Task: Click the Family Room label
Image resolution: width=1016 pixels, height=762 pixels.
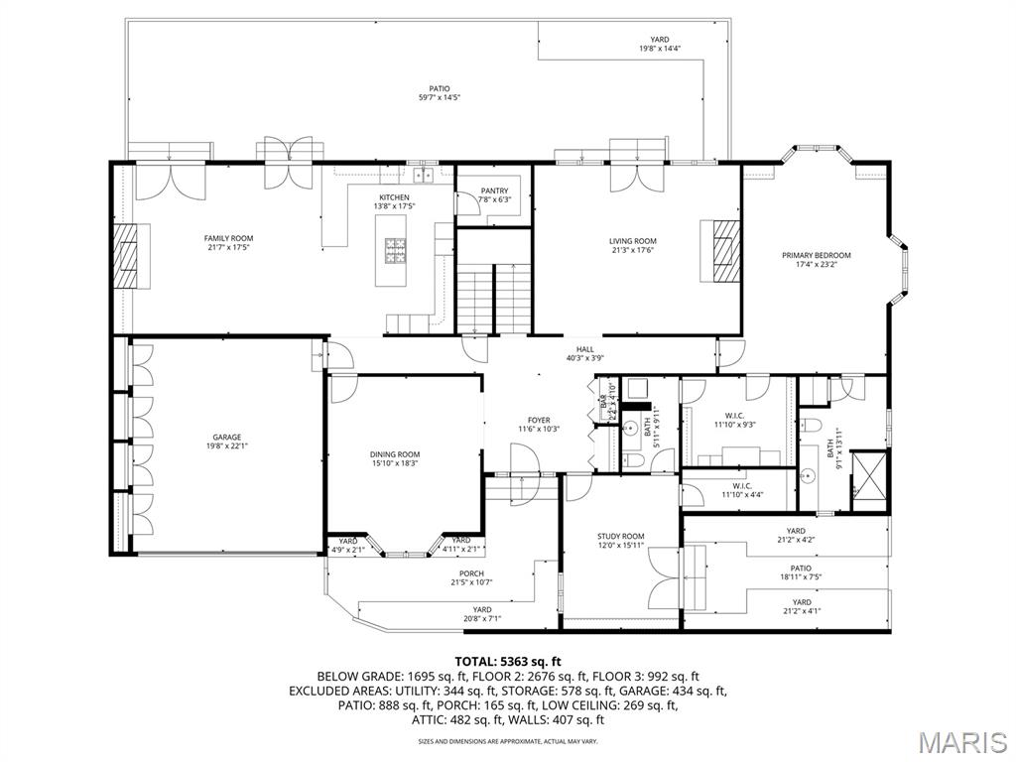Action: tap(228, 238)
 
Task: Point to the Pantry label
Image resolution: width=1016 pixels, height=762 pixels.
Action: tap(494, 191)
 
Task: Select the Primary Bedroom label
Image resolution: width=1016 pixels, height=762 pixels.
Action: tap(817, 255)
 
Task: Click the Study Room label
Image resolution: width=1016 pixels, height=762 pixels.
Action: tap(620, 536)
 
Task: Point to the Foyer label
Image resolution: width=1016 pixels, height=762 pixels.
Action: tap(539, 420)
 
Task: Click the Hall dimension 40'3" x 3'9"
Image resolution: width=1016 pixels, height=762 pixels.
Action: tap(585, 358)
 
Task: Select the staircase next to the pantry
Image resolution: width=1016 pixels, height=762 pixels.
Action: tap(493, 298)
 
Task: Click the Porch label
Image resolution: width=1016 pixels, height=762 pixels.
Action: tap(471, 573)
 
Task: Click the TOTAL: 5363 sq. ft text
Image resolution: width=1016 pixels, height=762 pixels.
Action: tap(508, 661)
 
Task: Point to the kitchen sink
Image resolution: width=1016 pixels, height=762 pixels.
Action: tap(425, 176)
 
